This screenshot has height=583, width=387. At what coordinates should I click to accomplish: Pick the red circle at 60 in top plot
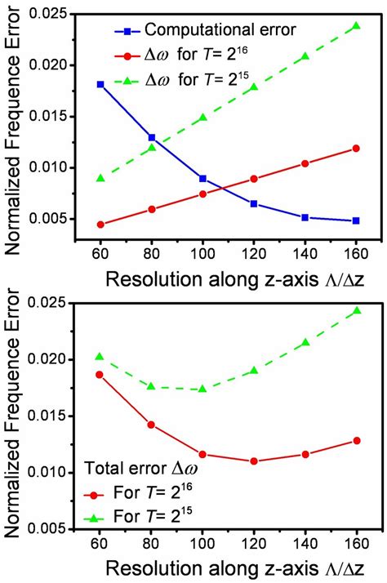click(x=100, y=225)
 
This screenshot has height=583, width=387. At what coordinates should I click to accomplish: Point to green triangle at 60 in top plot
click(x=100, y=178)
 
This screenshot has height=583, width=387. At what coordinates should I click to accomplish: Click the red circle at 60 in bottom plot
click(x=100, y=375)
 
